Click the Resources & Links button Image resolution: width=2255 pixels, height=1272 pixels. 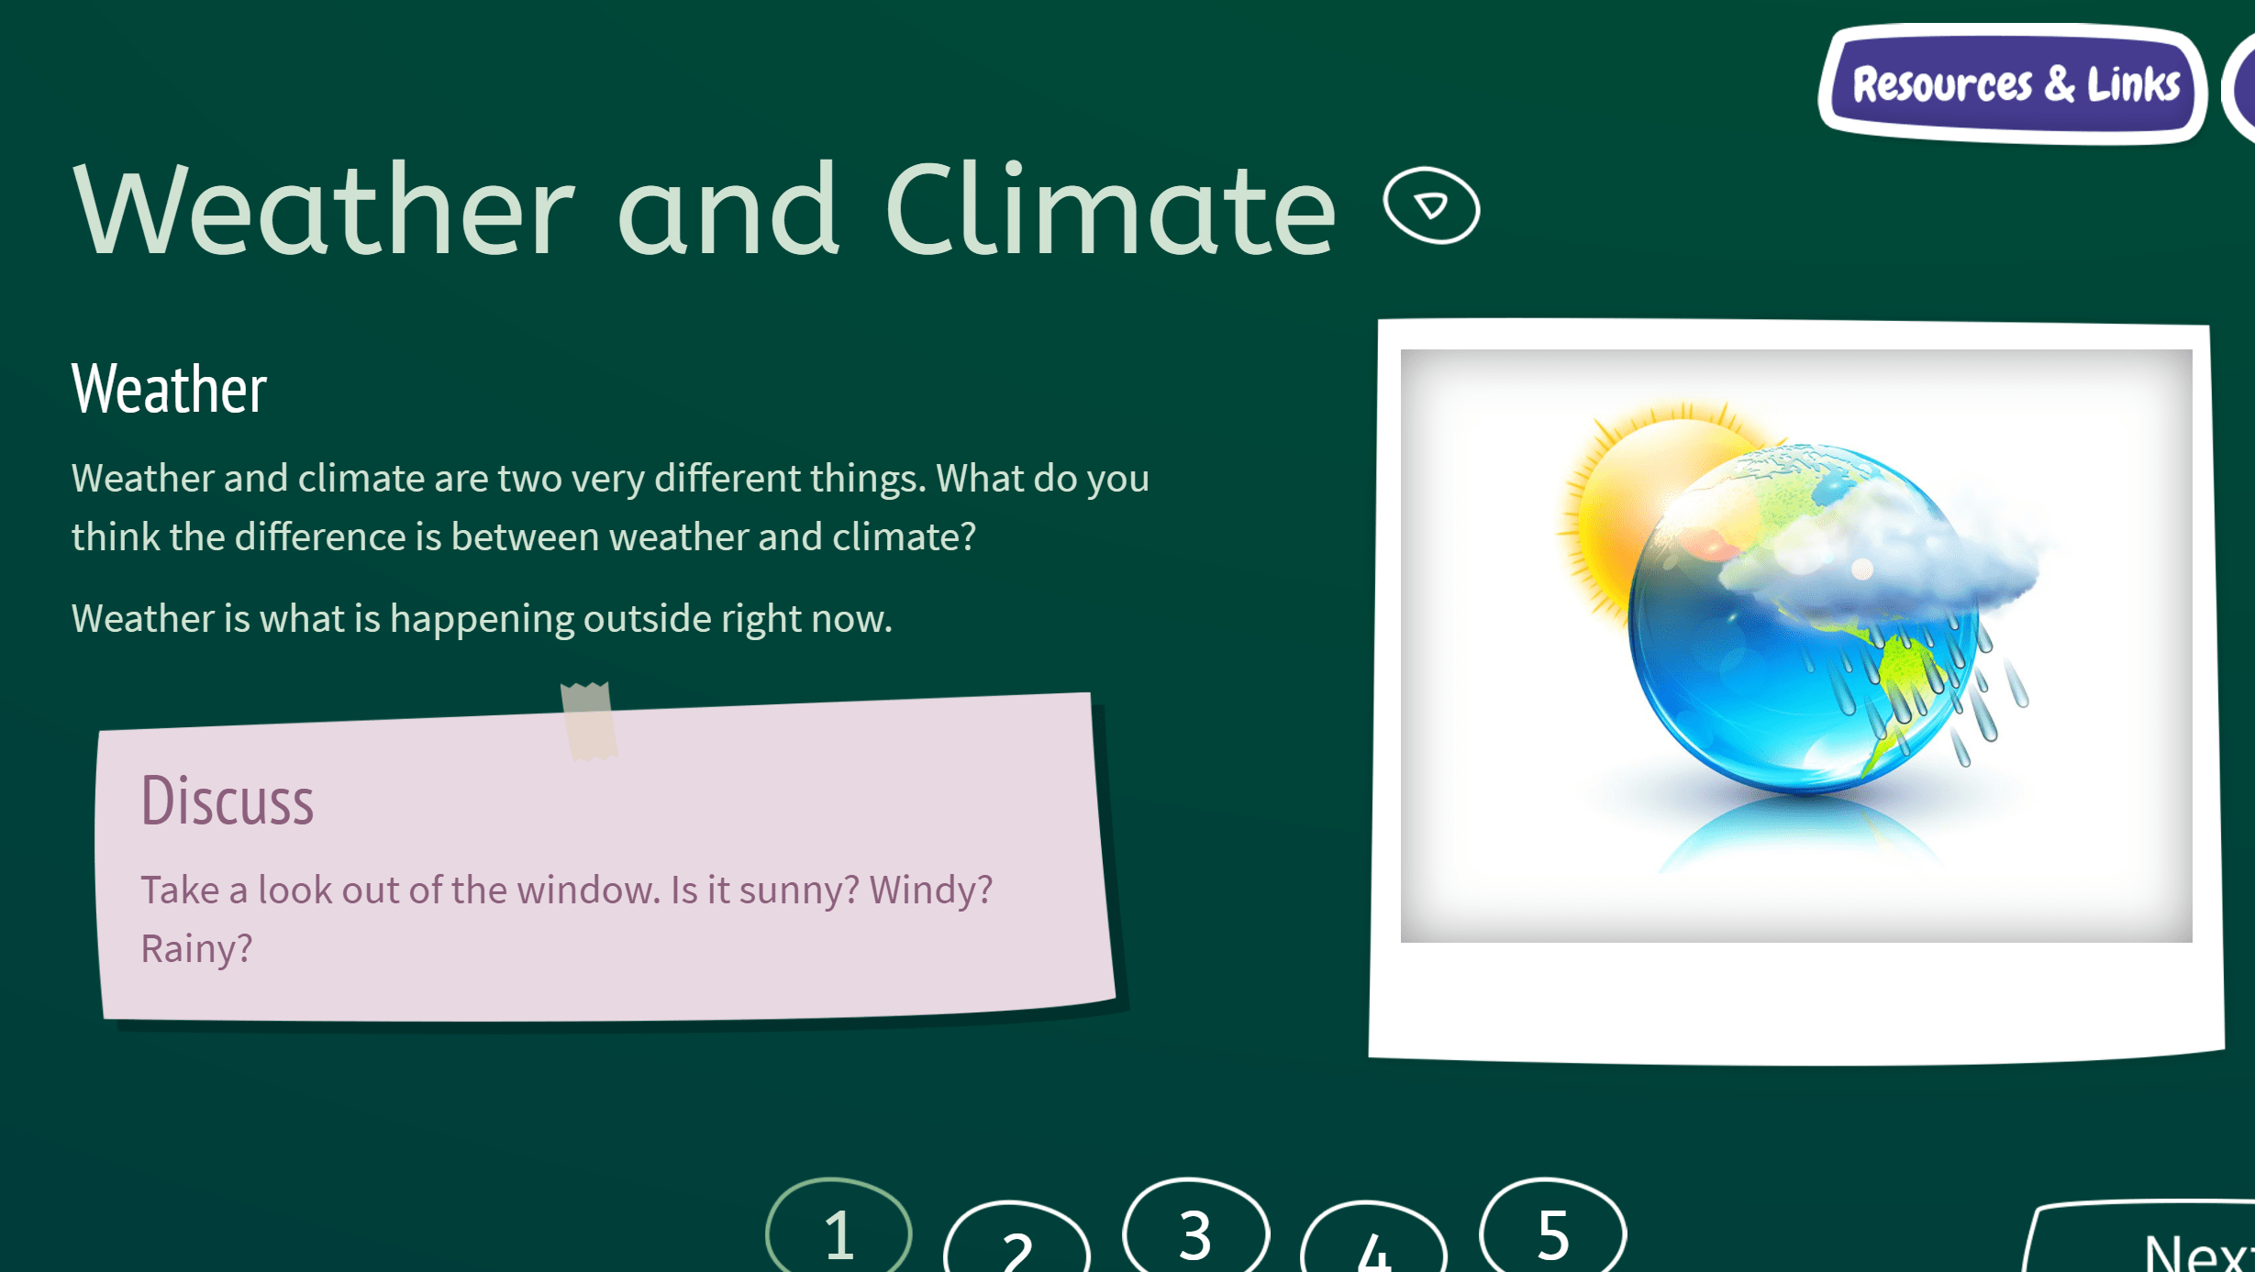point(2014,84)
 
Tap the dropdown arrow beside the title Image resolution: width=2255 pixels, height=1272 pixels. point(1431,205)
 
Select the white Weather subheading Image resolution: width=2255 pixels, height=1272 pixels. point(169,389)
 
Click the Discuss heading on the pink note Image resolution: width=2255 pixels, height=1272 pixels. point(227,801)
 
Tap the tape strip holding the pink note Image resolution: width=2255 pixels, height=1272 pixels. point(587,721)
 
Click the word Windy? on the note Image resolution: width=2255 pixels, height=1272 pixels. point(930,890)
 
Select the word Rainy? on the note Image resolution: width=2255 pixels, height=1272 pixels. point(196,948)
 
